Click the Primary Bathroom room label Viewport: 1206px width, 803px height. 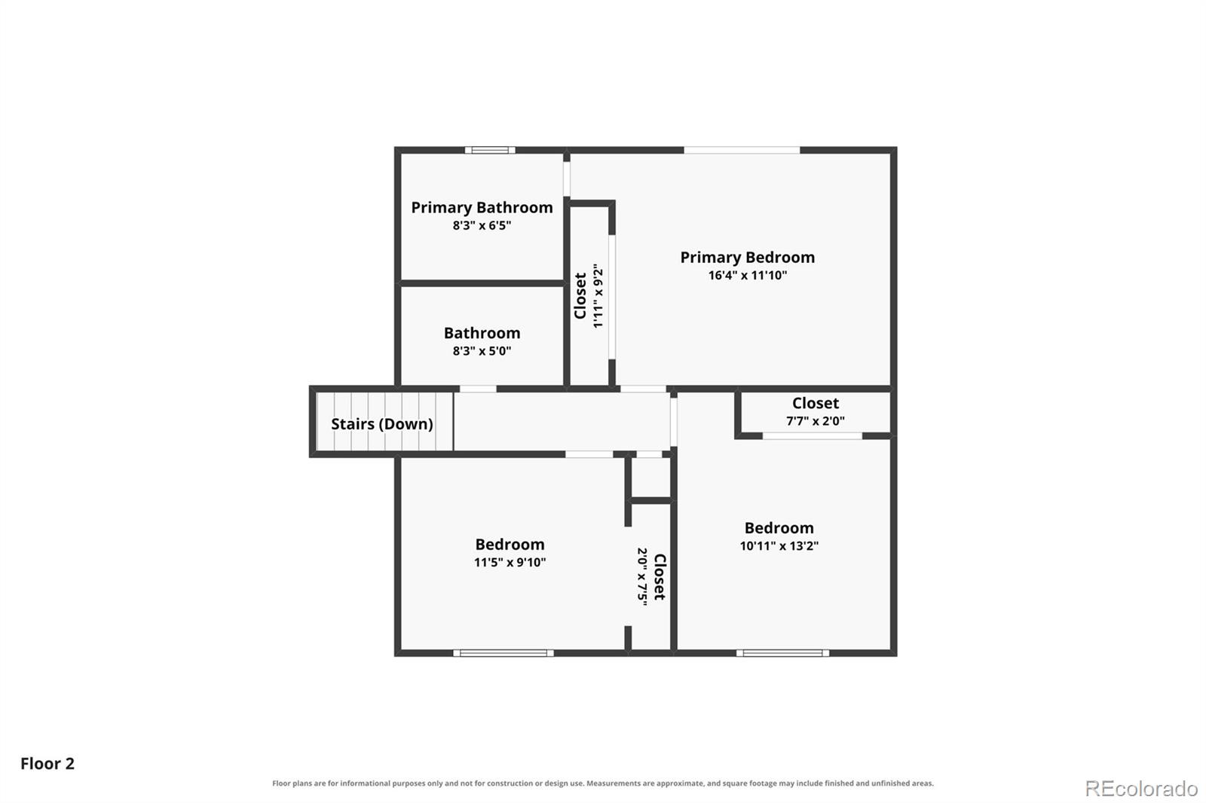tap(482, 208)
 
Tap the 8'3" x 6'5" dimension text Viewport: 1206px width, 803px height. tap(482, 225)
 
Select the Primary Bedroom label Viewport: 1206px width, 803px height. tap(747, 258)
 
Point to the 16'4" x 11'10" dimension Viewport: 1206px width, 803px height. tap(747, 276)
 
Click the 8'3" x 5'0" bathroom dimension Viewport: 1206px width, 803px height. tap(482, 351)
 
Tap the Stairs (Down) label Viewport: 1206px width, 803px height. tap(381, 424)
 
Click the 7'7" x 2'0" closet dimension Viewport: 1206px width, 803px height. tap(815, 421)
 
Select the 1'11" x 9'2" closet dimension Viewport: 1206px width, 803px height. tap(598, 295)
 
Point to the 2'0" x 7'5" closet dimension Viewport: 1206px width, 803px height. tap(642, 577)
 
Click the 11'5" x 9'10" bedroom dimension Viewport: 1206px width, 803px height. tap(510, 563)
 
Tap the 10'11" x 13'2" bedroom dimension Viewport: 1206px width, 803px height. tap(779, 545)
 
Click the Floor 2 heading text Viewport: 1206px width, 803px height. tap(47, 764)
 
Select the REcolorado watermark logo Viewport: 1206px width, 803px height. tap(1141, 789)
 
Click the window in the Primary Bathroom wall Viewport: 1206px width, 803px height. tap(490, 150)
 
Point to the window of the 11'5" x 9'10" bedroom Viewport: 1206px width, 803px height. tap(504, 653)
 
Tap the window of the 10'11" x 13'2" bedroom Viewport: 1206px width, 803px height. tap(783, 653)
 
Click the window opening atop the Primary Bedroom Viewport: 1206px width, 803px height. tap(742, 150)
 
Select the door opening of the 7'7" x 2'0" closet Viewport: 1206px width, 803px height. tap(813, 436)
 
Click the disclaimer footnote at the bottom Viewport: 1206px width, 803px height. tap(603, 783)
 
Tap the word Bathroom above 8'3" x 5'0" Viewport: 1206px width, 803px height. tap(482, 333)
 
